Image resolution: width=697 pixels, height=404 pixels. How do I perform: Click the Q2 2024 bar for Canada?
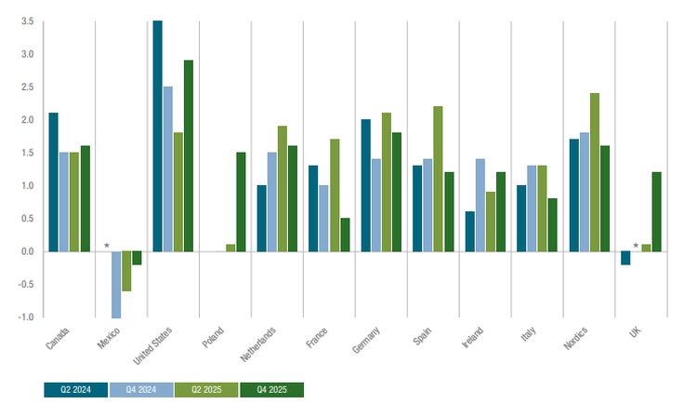[53, 182]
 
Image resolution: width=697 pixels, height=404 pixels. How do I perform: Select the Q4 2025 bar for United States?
[189, 155]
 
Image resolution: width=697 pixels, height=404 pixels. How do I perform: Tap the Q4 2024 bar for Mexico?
[116, 284]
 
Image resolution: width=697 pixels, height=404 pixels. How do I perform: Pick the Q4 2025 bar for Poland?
[241, 202]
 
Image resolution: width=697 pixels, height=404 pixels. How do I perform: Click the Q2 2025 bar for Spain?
[438, 179]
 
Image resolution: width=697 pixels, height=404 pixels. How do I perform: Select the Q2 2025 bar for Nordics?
[594, 172]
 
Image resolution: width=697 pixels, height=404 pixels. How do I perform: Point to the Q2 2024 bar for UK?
[625, 258]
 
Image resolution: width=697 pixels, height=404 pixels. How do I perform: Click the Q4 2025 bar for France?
[345, 235]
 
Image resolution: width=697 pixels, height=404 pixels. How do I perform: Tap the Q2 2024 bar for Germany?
[366, 185]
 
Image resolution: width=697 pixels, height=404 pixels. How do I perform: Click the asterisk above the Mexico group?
[107, 247]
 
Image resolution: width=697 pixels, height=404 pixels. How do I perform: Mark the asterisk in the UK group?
[636, 247]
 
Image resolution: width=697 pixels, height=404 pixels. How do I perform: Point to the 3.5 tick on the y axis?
[26, 21]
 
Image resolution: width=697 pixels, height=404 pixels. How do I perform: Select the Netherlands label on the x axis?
[258, 342]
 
